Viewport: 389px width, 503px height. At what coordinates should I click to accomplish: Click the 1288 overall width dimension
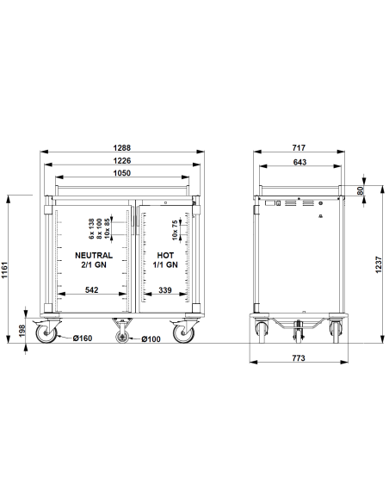coord(122,149)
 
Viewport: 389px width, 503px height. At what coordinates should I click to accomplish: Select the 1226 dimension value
coord(122,161)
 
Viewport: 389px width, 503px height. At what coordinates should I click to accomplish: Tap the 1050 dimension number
coord(122,174)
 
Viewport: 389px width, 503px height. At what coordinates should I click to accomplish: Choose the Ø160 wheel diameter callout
coord(83,338)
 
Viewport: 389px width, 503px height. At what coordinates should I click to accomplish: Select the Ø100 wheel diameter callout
coord(151,338)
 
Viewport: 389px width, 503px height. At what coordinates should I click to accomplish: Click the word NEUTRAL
coord(95,256)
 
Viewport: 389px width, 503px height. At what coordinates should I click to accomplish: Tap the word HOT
coord(165,256)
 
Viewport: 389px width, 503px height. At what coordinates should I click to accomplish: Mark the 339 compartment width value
coord(167,291)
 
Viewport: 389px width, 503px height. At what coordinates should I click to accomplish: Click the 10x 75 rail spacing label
coord(175,229)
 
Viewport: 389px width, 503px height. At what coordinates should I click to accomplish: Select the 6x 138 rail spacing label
coord(92,228)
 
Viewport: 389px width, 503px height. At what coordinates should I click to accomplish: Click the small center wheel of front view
coord(122,337)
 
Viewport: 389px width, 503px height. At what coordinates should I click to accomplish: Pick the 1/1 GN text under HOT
coord(167,266)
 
